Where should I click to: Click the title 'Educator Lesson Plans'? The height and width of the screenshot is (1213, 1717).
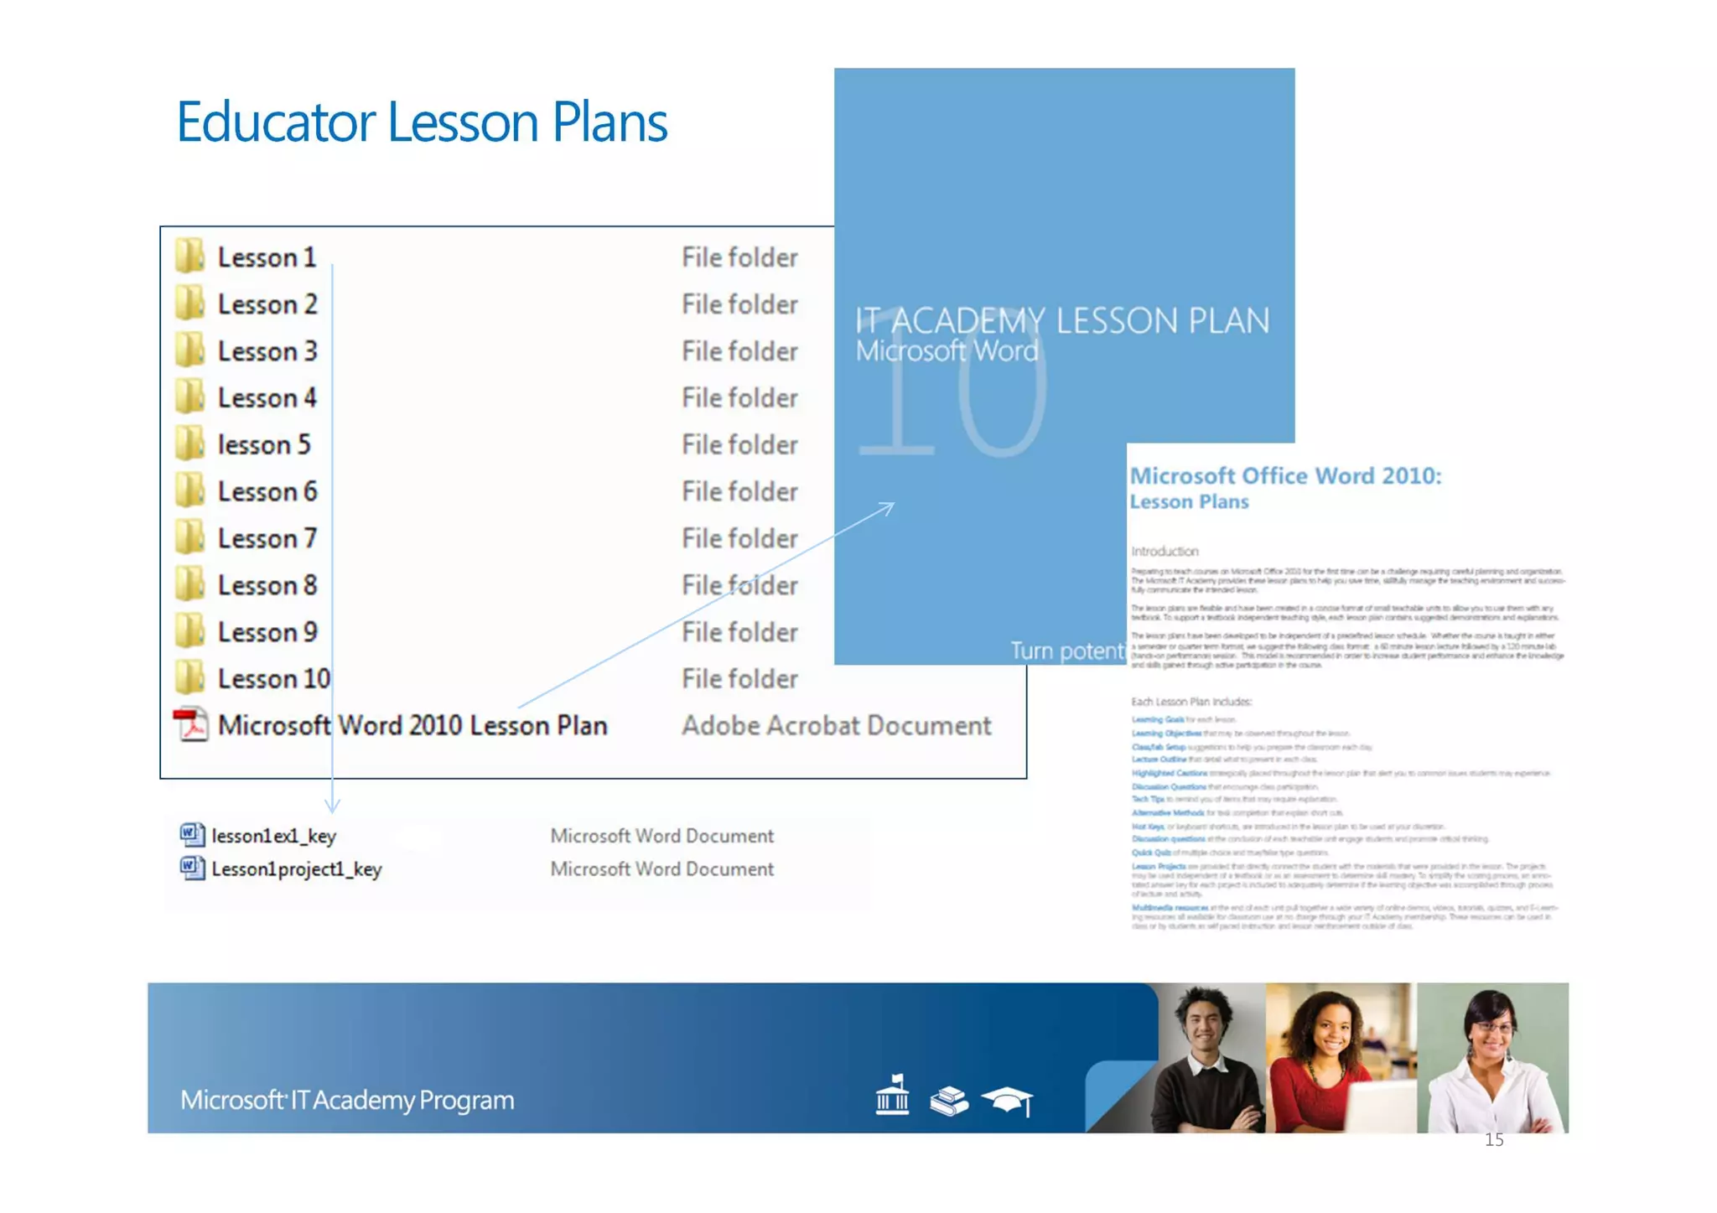[422, 122]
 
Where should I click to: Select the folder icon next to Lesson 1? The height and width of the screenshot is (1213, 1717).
[190, 257]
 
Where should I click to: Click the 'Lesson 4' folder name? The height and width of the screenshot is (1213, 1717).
[267, 398]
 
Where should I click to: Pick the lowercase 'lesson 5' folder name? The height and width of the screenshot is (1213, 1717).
[264, 445]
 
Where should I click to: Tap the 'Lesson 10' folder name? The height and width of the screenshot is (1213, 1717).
[274, 679]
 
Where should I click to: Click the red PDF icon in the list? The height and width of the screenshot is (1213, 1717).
[191, 725]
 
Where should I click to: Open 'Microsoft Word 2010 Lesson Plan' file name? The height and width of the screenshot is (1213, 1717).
[412, 726]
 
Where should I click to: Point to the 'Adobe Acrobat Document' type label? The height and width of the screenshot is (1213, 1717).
[836, 726]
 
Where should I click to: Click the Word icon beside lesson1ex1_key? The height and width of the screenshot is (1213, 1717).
[192, 835]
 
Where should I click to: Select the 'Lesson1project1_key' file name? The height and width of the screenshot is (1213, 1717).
[297, 869]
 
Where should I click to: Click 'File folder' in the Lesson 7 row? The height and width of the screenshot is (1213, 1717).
[739, 539]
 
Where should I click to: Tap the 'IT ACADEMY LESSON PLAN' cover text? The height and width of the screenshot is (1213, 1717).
[1062, 321]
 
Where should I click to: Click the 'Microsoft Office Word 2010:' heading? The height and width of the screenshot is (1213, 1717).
[1285, 476]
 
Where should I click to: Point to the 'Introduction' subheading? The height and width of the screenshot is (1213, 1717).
[1165, 552]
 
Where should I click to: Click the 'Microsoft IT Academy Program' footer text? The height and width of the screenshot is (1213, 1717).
[347, 1100]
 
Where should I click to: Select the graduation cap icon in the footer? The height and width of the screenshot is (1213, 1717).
[1008, 1100]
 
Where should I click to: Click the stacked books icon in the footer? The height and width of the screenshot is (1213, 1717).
[949, 1101]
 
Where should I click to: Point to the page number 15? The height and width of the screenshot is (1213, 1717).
[1494, 1140]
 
